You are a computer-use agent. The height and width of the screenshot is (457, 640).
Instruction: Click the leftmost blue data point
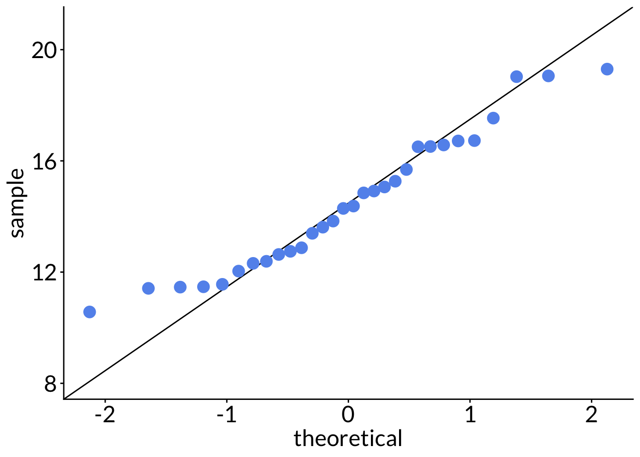(90, 312)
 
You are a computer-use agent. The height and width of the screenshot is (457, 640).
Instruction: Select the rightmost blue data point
(607, 69)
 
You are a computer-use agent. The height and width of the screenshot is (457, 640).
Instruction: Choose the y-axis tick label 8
(50, 384)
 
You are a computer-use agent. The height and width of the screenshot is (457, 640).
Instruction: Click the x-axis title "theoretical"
(348, 438)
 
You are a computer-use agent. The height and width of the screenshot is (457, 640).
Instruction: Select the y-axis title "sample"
(18, 203)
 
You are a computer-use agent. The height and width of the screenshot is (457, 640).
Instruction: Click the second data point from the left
(148, 288)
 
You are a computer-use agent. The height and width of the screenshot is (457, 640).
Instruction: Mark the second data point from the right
(548, 76)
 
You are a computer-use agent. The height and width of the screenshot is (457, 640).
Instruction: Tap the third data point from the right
(516, 77)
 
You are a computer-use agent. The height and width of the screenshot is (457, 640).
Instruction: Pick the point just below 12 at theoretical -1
(222, 284)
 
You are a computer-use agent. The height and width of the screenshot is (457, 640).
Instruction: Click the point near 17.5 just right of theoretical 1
(493, 118)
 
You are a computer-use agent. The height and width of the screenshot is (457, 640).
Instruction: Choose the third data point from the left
(180, 287)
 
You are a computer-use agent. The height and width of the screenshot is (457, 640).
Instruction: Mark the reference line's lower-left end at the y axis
(65, 398)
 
